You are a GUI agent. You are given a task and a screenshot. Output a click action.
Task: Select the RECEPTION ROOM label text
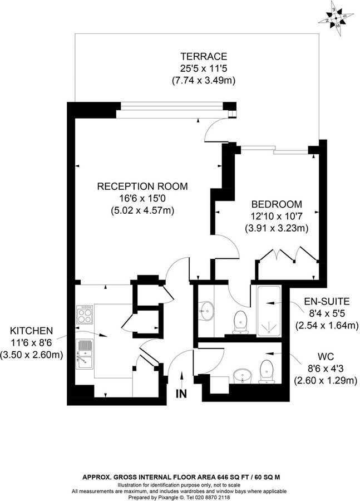(142, 186)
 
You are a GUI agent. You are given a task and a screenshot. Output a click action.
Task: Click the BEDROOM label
(277, 204)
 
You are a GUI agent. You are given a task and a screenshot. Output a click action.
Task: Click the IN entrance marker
(181, 394)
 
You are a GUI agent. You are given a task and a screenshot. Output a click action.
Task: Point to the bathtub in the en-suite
(269, 311)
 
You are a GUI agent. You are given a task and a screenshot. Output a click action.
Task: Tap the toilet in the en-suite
(240, 321)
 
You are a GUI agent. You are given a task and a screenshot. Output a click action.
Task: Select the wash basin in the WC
(243, 375)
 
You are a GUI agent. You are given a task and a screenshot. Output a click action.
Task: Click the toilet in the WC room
(267, 370)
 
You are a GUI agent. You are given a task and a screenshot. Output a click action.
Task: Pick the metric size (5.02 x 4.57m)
(142, 210)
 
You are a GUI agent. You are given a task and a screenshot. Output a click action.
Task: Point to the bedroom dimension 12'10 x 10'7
(277, 216)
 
